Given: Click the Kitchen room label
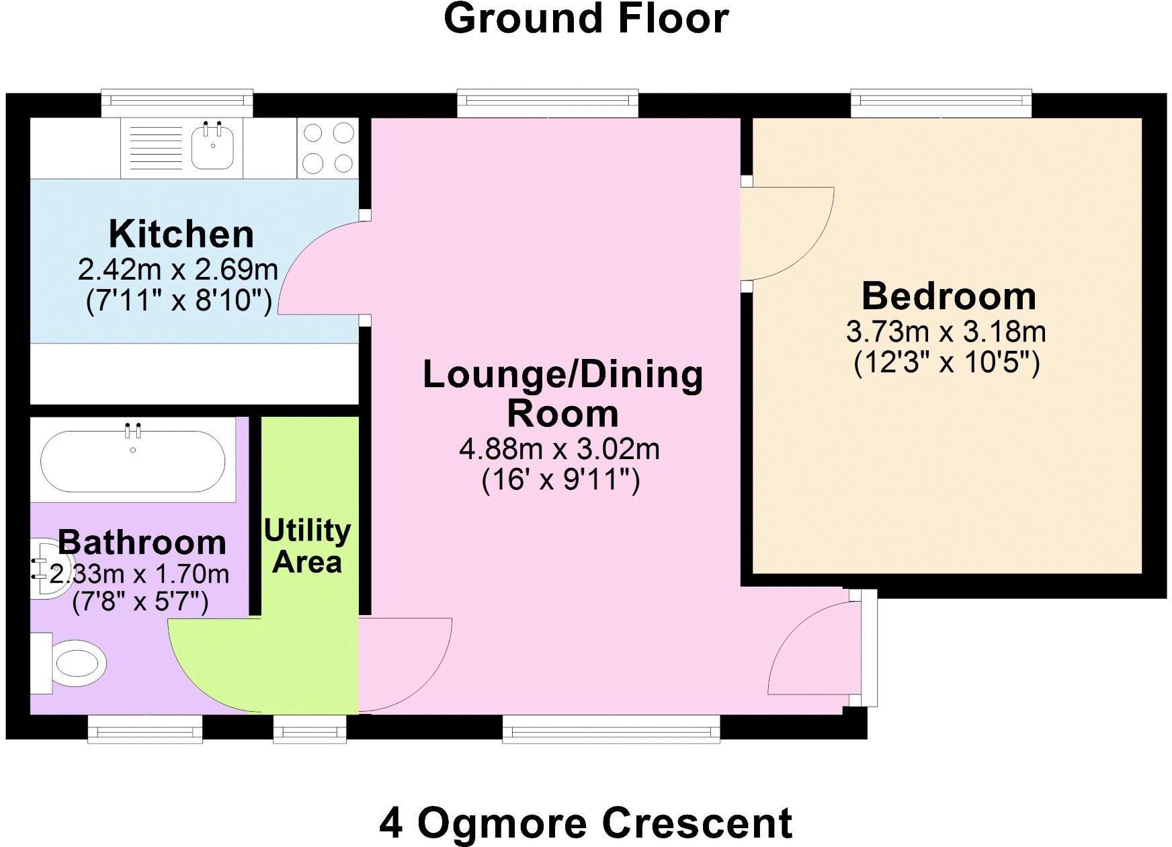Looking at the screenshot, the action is pos(181,234).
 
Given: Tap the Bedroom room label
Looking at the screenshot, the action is pos(949,296).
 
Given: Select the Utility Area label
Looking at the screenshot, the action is pos(307,546).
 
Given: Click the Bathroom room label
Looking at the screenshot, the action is pos(142,542).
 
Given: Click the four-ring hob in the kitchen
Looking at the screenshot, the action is pos(327,148).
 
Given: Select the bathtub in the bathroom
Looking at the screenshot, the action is pos(133,459).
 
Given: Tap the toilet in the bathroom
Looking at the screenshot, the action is pos(69,663).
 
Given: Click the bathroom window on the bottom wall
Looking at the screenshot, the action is pos(145,729).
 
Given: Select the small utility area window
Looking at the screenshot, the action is pos(310,729).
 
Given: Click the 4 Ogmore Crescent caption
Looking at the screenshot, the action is pos(586,822).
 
